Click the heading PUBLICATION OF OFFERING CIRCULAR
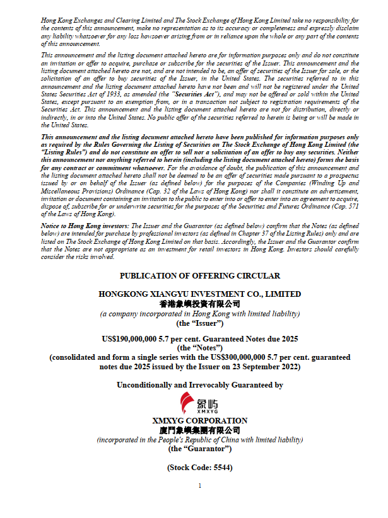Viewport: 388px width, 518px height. click(x=199, y=276)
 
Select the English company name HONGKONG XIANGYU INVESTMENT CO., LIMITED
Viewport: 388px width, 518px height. click(x=199, y=294)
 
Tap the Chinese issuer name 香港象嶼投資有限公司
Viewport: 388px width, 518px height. click(x=199, y=304)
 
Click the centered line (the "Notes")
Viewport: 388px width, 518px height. click(x=199, y=348)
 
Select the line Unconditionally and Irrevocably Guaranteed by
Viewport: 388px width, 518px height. click(x=199, y=384)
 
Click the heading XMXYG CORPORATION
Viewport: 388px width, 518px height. click(x=199, y=421)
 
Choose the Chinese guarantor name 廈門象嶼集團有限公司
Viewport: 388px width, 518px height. click(x=199, y=430)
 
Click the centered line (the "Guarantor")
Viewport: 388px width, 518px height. click(x=199, y=449)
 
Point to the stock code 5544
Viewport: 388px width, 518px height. click(x=222, y=468)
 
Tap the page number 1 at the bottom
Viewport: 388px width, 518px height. click(x=199, y=486)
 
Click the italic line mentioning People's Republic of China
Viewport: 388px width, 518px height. click(x=199, y=439)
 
